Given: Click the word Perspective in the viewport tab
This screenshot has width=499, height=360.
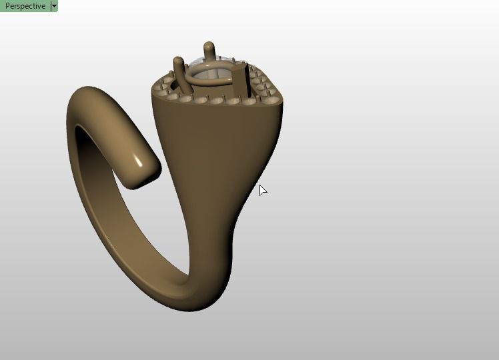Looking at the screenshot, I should pyautogui.click(x=25, y=6).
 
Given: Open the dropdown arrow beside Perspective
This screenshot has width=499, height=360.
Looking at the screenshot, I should pyautogui.click(x=54, y=6).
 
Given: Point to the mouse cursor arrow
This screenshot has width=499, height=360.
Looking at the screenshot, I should pyautogui.click(x=262, y=190).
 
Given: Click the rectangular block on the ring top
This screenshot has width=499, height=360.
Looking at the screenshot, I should pyautogui.click(x=241, y=81).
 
